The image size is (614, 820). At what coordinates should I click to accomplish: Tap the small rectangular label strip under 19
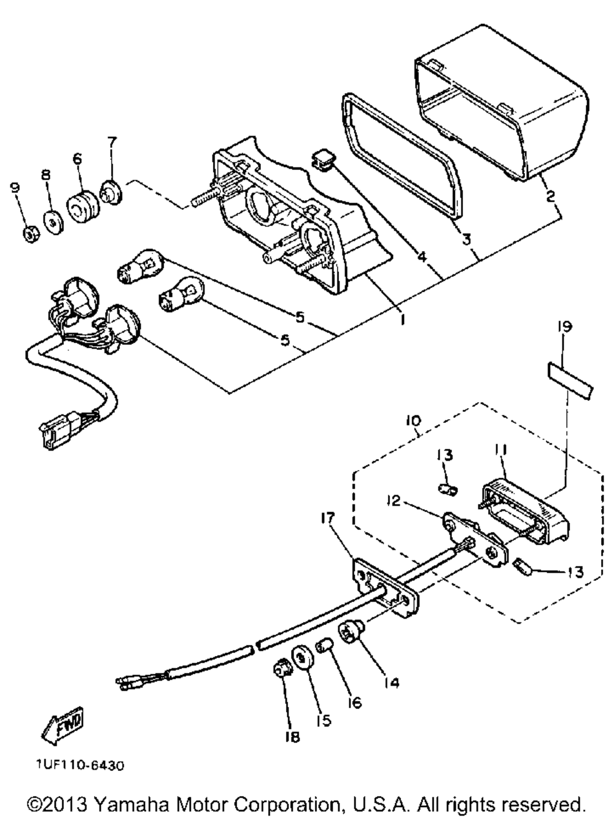point(570,381)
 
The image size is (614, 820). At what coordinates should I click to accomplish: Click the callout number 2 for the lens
point(550,196)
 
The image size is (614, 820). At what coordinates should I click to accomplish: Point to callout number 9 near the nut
point(15,188)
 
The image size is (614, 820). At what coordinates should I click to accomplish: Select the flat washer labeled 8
point(53,223)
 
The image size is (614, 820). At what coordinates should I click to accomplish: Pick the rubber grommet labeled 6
point(84,207)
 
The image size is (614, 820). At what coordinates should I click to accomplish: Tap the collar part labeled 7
point(111,192)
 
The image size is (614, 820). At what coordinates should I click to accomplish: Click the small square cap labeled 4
point(322,160)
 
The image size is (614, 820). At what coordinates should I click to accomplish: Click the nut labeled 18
point(282,671)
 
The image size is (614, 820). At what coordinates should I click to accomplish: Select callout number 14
point(391,683)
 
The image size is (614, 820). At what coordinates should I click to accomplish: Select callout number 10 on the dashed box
point(412,420)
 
